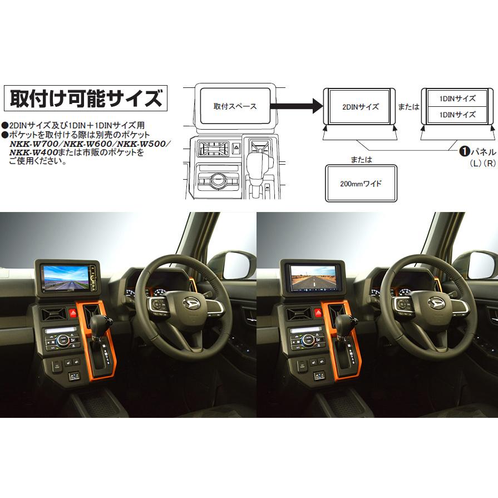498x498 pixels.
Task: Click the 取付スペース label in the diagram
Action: point(235,106)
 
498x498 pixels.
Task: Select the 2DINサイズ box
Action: point(360,106)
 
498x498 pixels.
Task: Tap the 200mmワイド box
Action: point(360,183)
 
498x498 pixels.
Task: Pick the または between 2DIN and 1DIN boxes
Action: point(409,107)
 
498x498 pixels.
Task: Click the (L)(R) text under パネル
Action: point(482,163)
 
